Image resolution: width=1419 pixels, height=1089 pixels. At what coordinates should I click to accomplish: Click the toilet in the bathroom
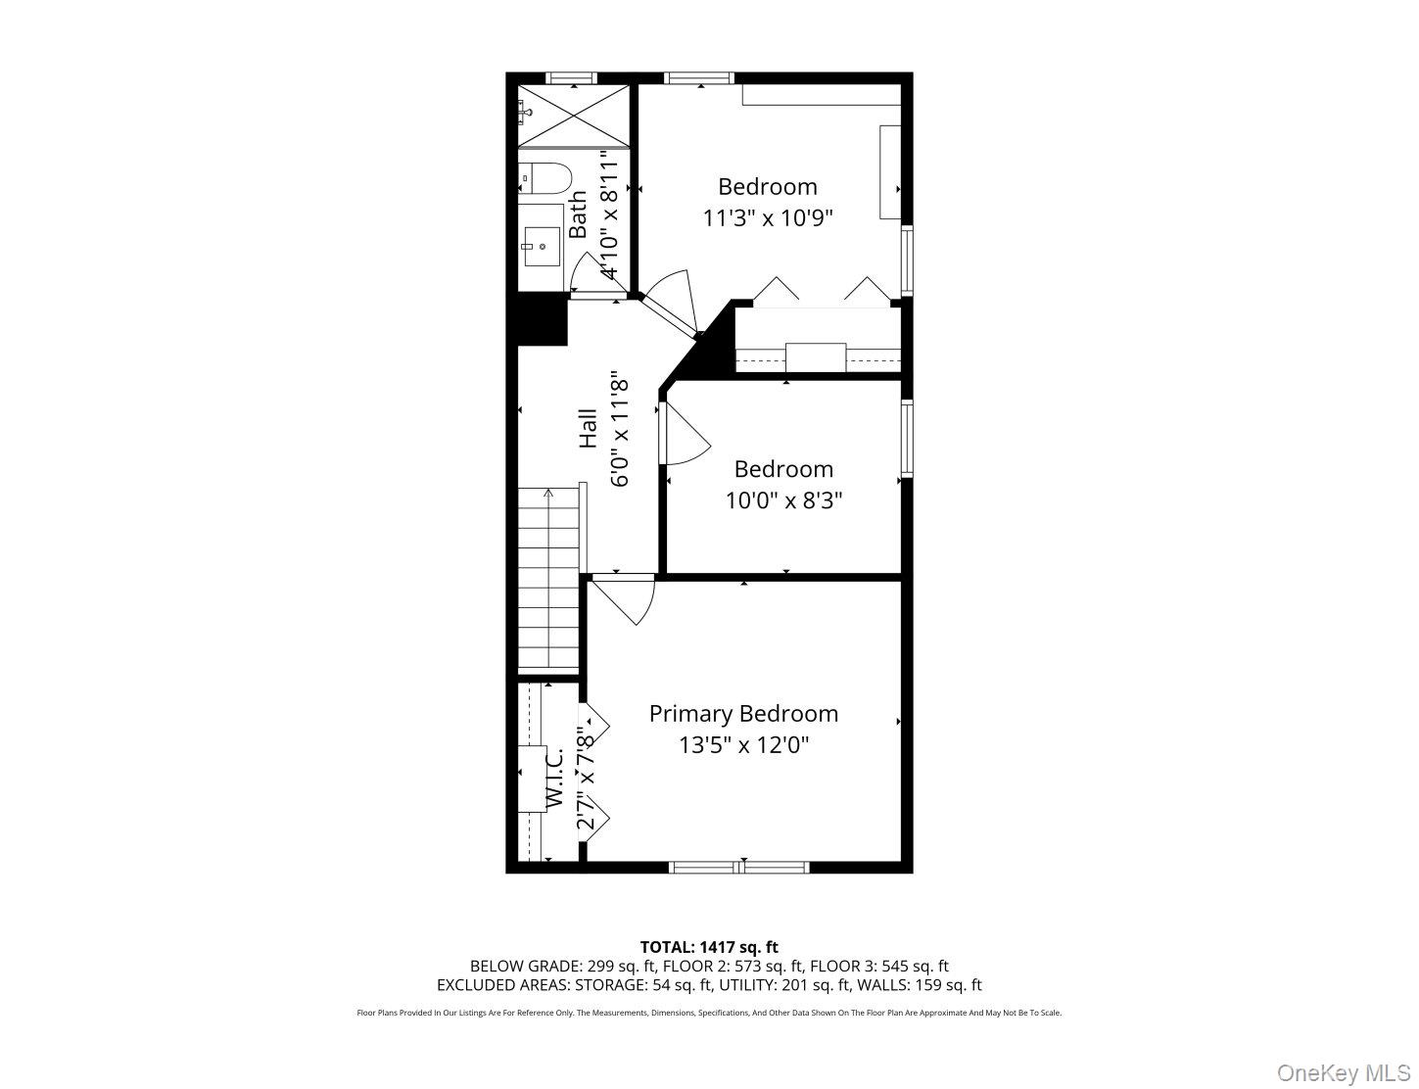tap(544, 178)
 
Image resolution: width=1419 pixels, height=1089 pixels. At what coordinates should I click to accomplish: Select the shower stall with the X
tap(572, 117)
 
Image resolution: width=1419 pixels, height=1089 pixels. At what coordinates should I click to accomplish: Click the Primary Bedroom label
tap(743, 714)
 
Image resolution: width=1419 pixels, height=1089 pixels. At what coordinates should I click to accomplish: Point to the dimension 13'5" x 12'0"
tap(743, 746)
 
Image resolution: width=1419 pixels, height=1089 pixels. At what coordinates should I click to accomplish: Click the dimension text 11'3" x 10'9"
tap(768, 218)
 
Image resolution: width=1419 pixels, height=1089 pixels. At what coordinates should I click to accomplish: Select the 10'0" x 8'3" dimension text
tap(783, 501)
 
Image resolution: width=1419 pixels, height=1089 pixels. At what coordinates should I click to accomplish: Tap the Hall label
tap(588, 428)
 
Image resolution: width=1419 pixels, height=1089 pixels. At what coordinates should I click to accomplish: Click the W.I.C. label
tap(554, 779)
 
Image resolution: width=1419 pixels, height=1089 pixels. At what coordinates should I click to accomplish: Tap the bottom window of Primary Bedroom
tap(739, 867)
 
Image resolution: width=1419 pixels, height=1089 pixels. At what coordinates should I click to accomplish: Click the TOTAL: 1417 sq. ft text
tap(709, 947)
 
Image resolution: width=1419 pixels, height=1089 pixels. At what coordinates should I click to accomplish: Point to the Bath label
tap(579, 214)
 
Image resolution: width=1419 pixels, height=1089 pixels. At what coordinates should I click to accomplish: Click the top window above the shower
tap(571, 78)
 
